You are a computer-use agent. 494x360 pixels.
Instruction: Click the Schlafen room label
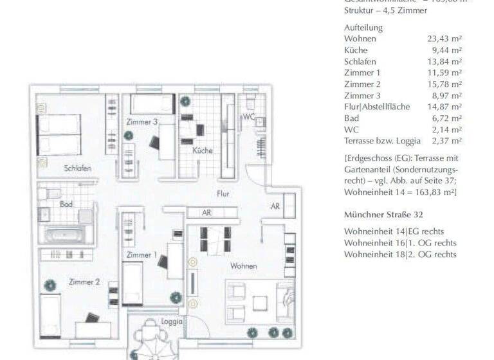tap(77, 168)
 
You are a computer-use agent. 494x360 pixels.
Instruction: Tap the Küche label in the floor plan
tap(202, 150)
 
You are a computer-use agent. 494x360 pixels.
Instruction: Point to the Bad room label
tap(66, 204)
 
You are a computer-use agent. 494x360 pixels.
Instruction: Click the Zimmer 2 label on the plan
tap(84, 282)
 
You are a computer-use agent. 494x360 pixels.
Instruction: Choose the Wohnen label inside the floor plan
tap(244, 265)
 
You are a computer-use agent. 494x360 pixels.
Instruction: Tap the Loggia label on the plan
tap(172, 321)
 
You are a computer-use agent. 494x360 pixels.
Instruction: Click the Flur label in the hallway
tap(223, 194)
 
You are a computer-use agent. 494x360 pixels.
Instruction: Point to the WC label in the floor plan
tap(249, 117)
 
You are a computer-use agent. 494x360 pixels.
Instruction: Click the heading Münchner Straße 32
tap(383, 214)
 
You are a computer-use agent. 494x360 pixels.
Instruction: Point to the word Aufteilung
tap(363, 28)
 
